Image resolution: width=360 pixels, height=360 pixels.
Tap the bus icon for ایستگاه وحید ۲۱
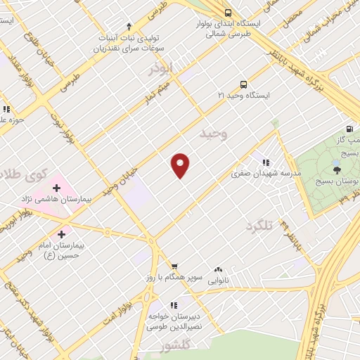pyautogui.click(x=243, y=84)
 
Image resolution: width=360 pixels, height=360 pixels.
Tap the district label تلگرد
pyautogui.click(x=258, y=225)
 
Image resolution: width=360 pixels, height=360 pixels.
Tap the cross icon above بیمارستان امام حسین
pyautogui.click(x=62, y=234)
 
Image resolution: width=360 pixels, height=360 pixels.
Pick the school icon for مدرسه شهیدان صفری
pyautogui.click(x=266, y=161)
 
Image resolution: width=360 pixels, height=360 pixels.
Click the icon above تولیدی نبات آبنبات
pyautogui.click(x=129, y=26)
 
